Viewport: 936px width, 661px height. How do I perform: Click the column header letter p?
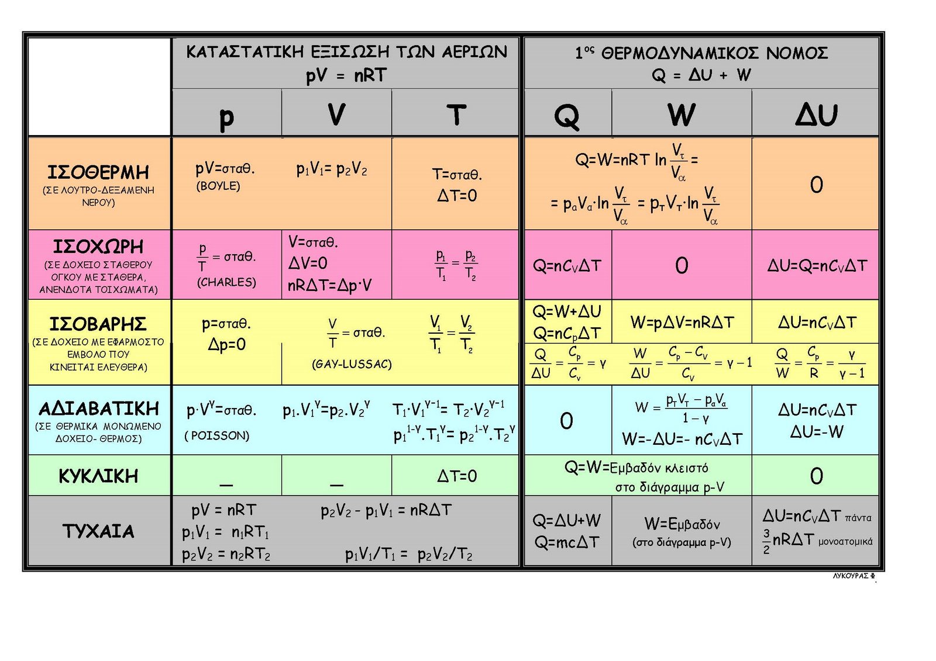(226, 117)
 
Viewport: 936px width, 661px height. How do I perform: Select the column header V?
(336, 113)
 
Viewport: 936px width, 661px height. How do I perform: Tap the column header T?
(456, 115)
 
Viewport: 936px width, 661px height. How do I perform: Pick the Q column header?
(567, 117)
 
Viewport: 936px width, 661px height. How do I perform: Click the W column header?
(682, 115)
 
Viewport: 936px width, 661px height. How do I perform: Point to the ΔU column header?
(816, 115)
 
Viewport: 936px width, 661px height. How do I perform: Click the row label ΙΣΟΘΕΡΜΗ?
(98, 172)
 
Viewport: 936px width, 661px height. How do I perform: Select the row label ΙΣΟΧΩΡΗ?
(98, 247)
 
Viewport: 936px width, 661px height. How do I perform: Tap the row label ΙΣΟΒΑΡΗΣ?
(98, 324)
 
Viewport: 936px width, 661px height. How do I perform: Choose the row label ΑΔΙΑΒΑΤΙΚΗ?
(99, 409)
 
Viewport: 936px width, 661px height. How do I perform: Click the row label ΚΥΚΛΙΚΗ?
(98, 476)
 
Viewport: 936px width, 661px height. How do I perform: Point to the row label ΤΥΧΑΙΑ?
(99, 531)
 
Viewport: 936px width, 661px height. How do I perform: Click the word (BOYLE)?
(218, 186)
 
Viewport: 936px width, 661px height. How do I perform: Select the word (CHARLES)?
(226, 282)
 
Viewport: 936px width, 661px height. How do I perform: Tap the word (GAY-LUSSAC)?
(352, 364)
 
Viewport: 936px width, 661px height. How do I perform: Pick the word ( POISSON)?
(217, 435)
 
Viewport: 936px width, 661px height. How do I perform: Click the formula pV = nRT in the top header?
(346, 75)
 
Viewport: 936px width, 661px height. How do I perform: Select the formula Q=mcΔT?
(567, 542)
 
